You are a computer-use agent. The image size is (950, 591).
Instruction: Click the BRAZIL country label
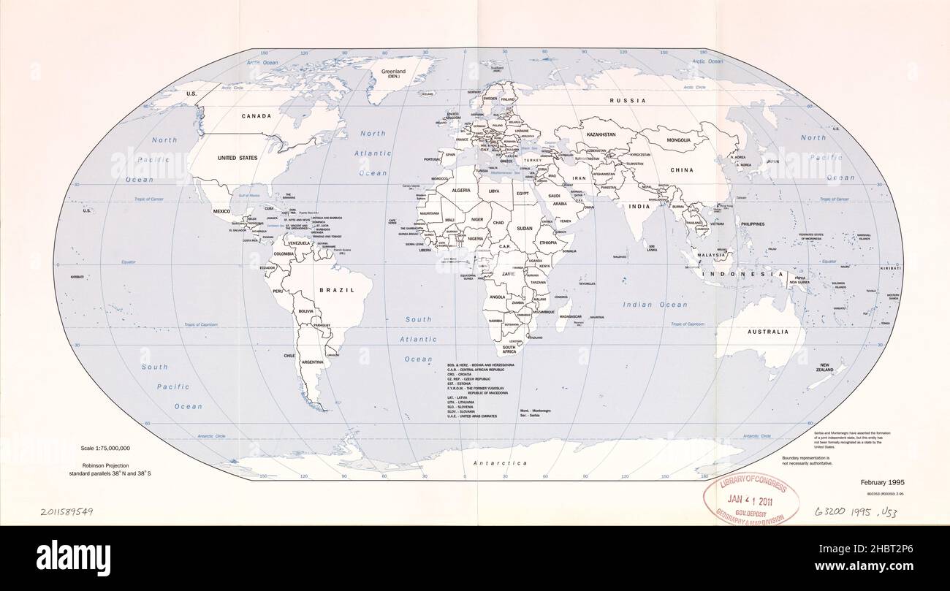[x=337, y=290]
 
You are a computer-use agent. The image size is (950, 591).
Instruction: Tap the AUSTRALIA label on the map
[x=767, y=332]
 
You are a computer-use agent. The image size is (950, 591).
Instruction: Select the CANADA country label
[x=256, y=116]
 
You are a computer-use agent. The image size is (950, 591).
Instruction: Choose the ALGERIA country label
[x=461, y=190]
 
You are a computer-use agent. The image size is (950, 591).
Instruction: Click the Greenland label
[x=394, y=72]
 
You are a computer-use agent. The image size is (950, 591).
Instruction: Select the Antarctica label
[x=500, y=463]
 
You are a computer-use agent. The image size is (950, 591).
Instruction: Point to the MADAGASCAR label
[x=570, y=316]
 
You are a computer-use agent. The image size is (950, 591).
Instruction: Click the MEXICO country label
[x=221, y=211]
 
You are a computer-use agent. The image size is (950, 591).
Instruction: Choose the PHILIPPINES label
[x=752, y=224]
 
